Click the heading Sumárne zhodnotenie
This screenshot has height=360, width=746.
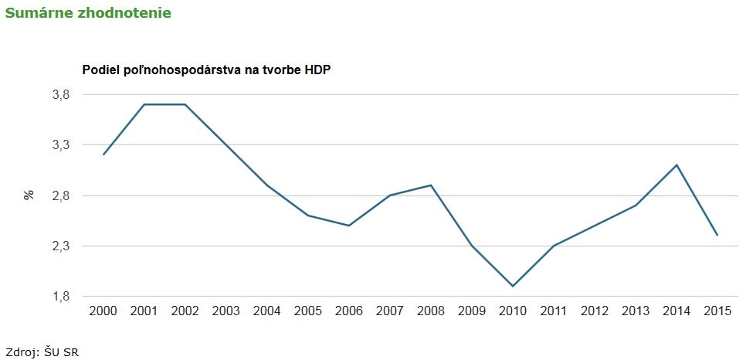[x=88, y=14]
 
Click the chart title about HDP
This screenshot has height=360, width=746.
[x=206, y=70]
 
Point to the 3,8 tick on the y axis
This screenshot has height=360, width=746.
[x=60, y=94]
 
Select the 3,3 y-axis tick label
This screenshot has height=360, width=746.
[x=60, y=145]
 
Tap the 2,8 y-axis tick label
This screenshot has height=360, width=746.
[x=60, y=195]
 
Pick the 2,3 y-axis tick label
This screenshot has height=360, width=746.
[x=60, y=246]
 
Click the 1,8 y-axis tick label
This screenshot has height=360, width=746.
[x=60, y=297]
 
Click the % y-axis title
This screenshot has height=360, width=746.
[x=29, y=195]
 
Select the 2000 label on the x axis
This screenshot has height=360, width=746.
[x=103, y=311]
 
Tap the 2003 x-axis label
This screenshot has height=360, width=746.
[x=225, y=311]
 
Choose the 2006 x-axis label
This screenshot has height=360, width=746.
[x=348, y=311]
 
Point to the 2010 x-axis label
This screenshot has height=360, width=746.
[x=513, y=311]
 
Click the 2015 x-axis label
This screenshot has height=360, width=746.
[x=717, y=311]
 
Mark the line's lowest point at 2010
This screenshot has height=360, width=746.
[x=513, y=287]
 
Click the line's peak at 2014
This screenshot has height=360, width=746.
[x=676, y=165]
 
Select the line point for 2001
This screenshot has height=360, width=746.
[x=144, y=104]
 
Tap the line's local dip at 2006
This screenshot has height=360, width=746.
[x=348, y=226]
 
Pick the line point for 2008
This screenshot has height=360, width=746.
[x=431, y=185]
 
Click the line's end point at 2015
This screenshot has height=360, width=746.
[x=717, y=236]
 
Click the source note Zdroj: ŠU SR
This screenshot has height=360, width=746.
[x=42, y=352]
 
